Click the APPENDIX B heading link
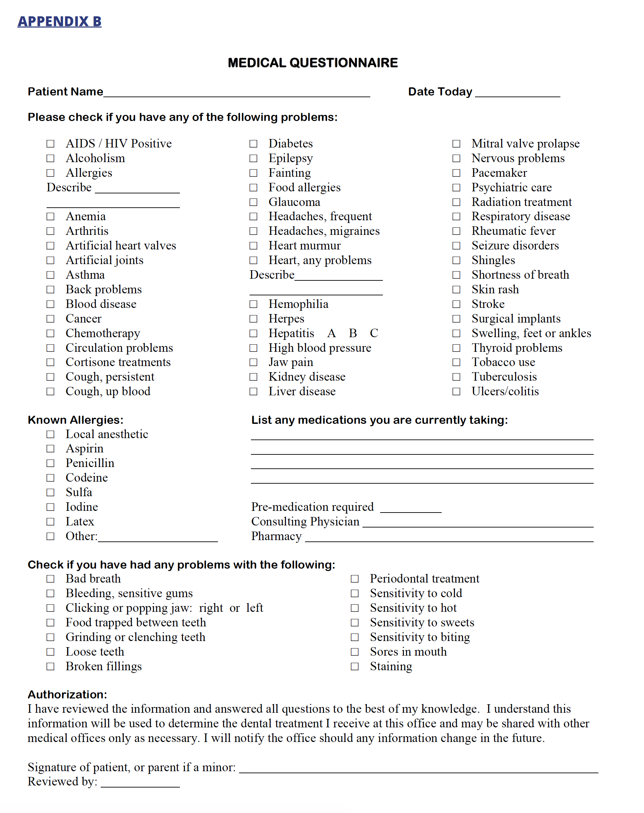click(x=60, y=21)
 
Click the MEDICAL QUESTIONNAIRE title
click(x=312, y=63)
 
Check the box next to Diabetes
click(x=253, y=144)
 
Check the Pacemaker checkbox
click(x=456, y=173)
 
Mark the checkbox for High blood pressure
click(x=253, y=348)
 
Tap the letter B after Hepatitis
click(x=353, y=333)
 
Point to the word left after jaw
click(x=255, y=608)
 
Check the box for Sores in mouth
click(x=355, y=652)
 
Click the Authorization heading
click(x=67, y=694)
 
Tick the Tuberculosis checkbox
click(x=456, y=377)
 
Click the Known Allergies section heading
click(x=75, y=420)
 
